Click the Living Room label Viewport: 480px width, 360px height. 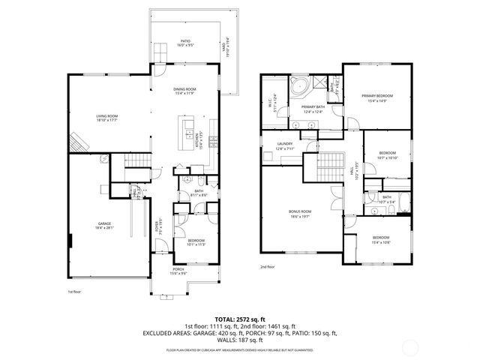pos(107,116)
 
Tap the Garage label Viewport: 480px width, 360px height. pos(104,224)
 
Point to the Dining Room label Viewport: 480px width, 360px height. pos(184,90)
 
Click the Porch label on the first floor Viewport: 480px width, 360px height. pos(178,270)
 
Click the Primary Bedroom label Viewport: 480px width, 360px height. pos(376,96)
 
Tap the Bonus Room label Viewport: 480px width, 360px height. pos(300,212)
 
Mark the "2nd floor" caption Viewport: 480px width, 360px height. pos(268,266)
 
